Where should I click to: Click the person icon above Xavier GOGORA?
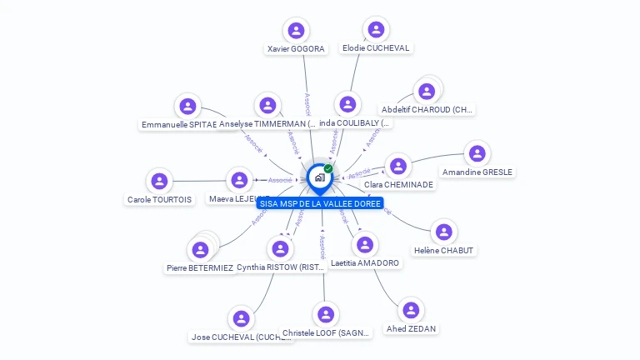click(295, 31)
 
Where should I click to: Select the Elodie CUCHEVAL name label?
click(376, 48)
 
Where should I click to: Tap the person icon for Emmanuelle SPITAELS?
click(187, 106)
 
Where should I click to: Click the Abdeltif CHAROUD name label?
click(427, 109)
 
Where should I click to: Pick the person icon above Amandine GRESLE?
click(477, 154)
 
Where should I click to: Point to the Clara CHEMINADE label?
click(398, 184)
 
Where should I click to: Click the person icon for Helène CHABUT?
click(443, 232)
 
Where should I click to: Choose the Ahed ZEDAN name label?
click(411, 328)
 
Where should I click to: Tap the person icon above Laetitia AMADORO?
click(364, 245)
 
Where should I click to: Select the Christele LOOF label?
click(326, 333)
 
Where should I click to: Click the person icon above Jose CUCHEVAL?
click(241, 319)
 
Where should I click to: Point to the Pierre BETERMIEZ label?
click(199, 268)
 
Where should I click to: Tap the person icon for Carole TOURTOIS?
click(158, 181)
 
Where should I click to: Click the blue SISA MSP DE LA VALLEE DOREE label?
click(320, 203)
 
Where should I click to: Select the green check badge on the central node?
click(328, 168)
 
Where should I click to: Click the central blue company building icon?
click(319, 177)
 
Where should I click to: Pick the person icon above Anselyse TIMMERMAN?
click(267, 106)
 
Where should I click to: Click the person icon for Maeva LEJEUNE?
click(240, 180)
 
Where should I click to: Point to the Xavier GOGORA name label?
click(296, 49)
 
